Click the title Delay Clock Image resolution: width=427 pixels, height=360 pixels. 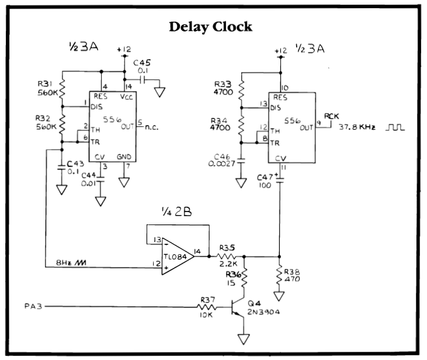tap(210, 27)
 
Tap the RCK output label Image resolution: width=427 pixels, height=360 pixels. tap(331, 116)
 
